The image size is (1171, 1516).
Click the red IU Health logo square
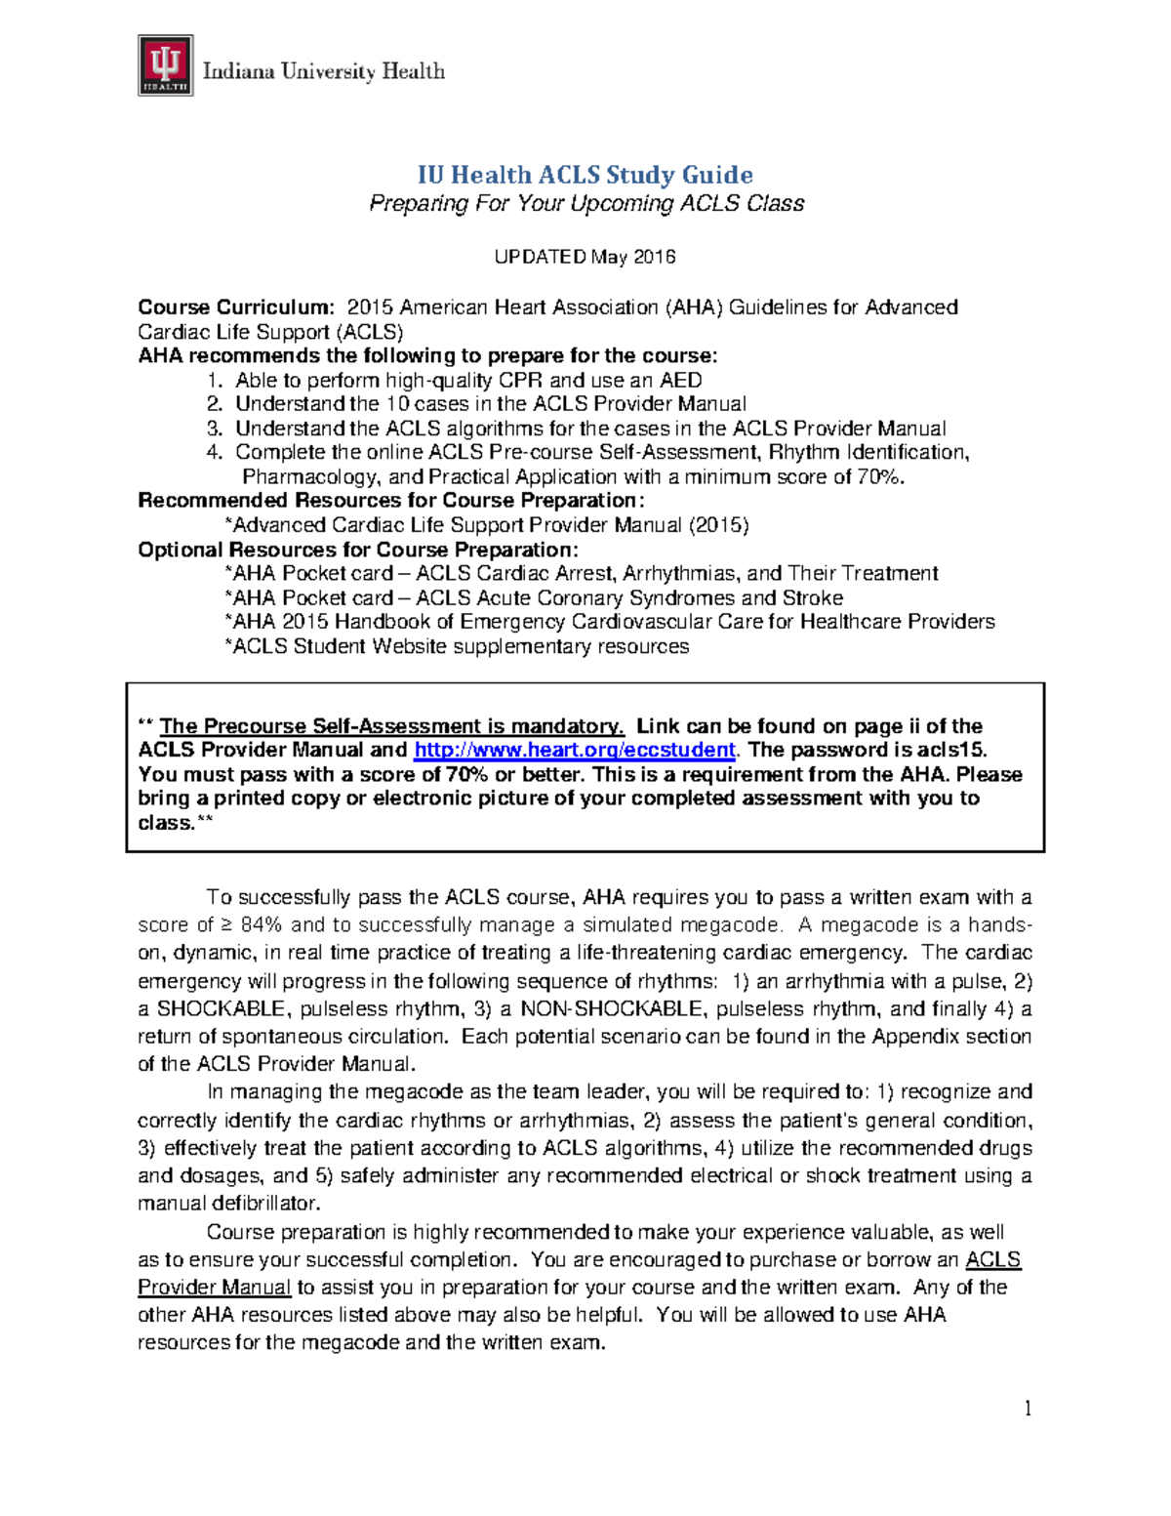click(x=165, y=65)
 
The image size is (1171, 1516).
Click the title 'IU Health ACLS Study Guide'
click(x=585, y=175)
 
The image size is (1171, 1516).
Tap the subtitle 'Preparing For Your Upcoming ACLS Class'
click(x=585, y=204)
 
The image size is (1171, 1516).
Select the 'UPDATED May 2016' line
click(x=585, y=257)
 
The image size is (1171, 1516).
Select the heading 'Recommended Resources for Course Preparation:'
click(x=391, y=501)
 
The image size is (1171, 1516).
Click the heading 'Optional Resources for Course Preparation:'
click(x=358, y=550)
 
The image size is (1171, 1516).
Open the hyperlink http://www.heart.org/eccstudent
click(x=575, y=751)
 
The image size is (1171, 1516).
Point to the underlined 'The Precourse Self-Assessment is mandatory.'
click(x=391, y=726)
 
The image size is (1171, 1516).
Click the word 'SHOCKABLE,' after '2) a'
click(x=225, y=1009)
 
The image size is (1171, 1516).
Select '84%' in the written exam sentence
click(x=261, y=925)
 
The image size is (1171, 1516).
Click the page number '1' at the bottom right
click(x=1028, y=1408)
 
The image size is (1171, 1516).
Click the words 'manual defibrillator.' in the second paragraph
click(x=229, y=1204)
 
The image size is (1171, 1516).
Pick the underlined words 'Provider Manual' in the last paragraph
click(x=215, y=1288)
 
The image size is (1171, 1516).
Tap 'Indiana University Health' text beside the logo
click(x=323, y=71)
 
